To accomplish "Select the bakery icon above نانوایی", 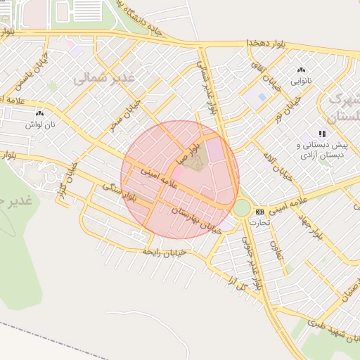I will (302, 70).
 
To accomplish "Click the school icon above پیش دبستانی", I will (322, 134).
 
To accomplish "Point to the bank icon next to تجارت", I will (259, 212).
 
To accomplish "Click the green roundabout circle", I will (242, 208).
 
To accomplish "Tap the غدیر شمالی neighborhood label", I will (103, 78).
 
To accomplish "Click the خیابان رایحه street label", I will (163, 251).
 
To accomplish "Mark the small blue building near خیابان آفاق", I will (262, 97).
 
